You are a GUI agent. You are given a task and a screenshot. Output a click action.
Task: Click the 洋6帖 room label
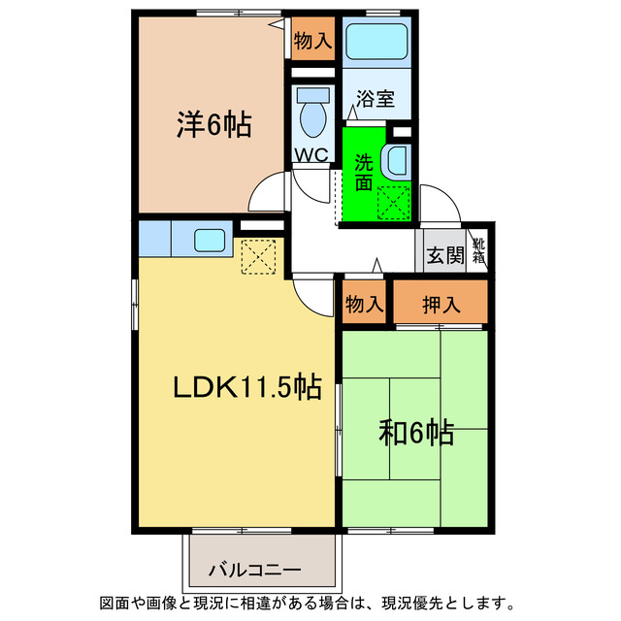coord(214,125)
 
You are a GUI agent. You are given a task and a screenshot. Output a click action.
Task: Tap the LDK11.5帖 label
coord(247,388)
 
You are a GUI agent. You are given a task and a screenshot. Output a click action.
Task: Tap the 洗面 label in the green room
coord(363,171)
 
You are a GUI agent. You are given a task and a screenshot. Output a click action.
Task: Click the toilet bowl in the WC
coord(312,114)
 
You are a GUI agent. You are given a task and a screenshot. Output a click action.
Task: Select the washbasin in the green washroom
coord(397,161)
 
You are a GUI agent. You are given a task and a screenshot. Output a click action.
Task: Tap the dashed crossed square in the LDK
coord(259,257)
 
